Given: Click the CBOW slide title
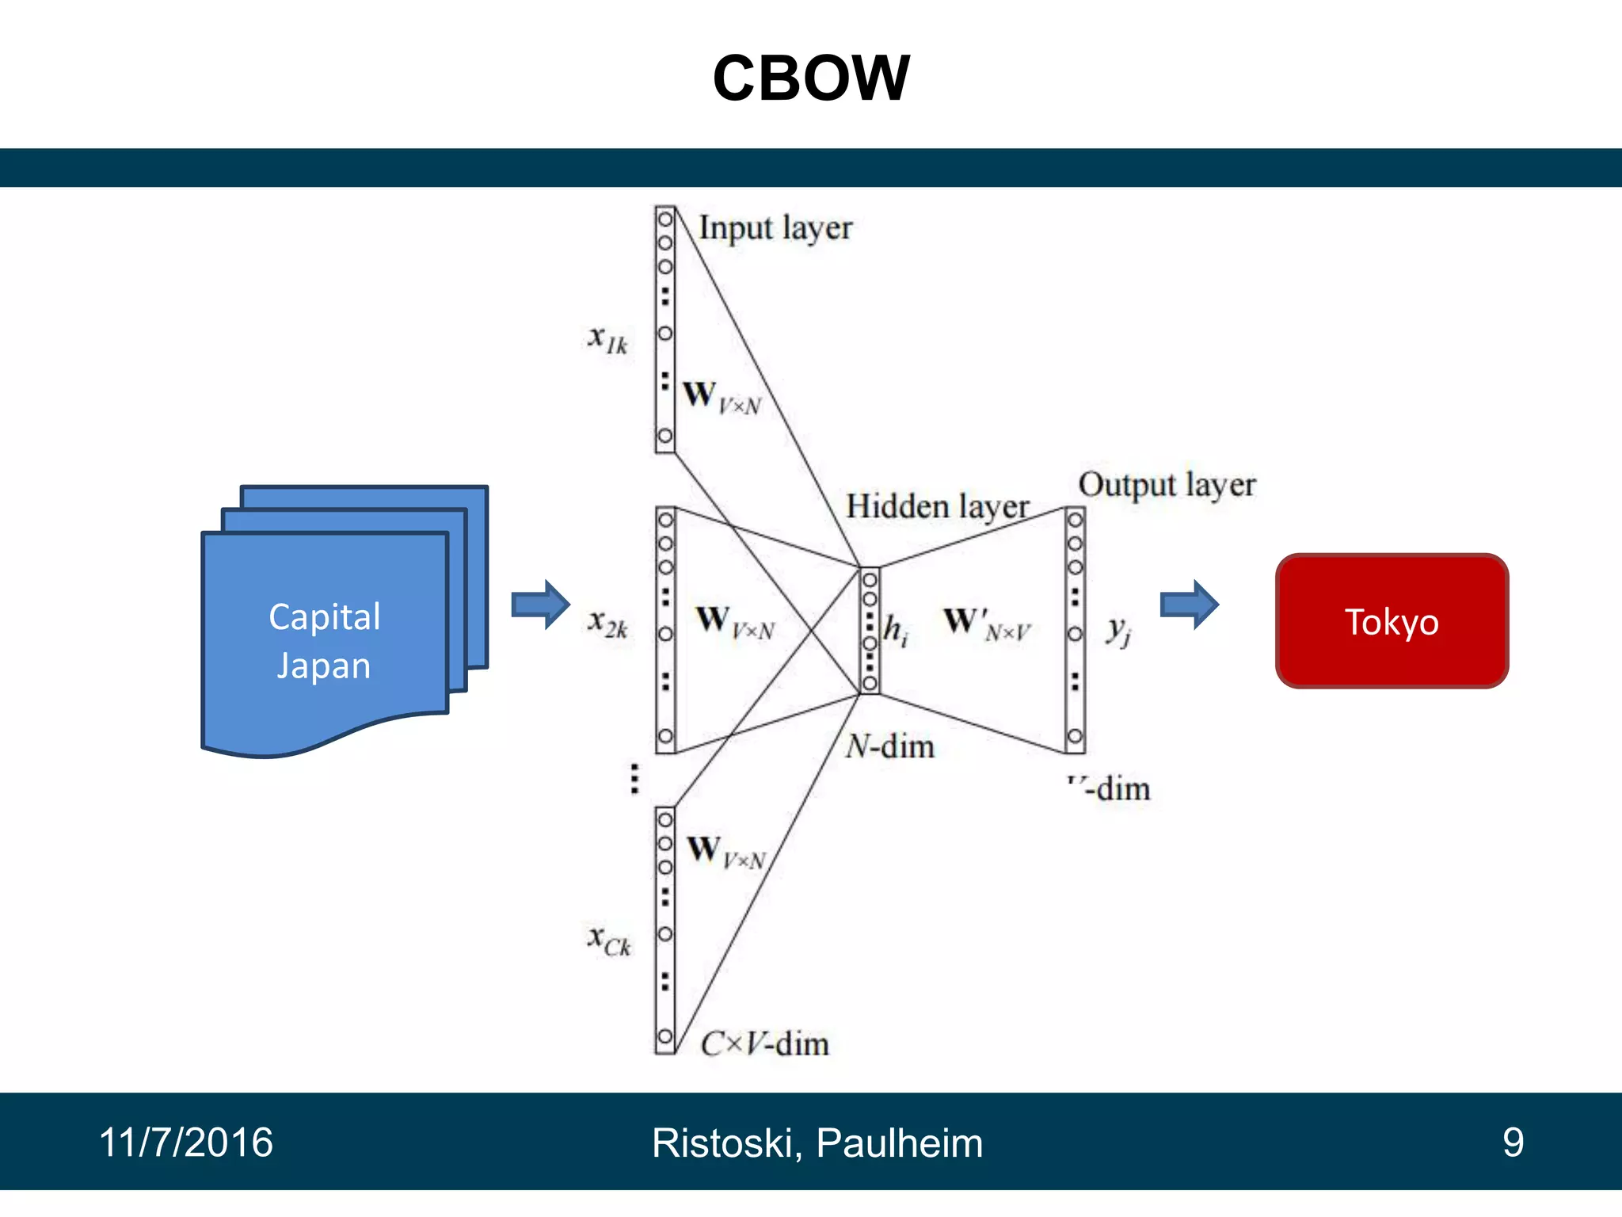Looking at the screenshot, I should click(811, 78).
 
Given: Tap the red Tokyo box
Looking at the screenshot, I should click(1392, 621).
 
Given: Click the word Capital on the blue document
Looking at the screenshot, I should click(325, 616).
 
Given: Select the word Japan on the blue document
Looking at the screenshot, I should click(324, 666).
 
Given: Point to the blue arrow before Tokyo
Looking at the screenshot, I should click(1189, 605).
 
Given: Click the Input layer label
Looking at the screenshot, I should click(775, 228).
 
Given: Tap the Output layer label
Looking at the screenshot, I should click(1167, 485).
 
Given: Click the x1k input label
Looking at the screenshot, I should click(608, 339).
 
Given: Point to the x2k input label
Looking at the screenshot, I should click(608, 624).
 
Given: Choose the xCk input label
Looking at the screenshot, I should click(609, 940).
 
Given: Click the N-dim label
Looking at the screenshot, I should click(890, 746).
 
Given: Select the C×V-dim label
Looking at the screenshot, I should click(765, 1043).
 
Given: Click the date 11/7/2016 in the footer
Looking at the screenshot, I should click(186, 1143).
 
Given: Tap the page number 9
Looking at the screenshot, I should click(1513, 1143).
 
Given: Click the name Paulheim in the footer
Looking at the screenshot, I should click(899, 1143).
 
